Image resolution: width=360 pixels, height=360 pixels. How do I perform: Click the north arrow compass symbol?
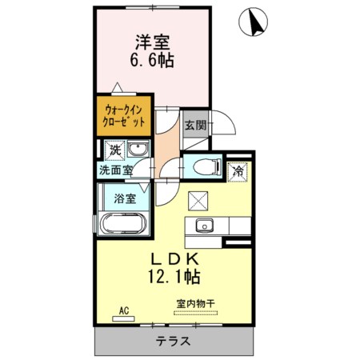click(x=253, y=22)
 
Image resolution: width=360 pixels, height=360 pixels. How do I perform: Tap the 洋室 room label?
click(x=153, y=42)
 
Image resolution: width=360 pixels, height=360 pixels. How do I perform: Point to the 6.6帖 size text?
click(x=152, y=60)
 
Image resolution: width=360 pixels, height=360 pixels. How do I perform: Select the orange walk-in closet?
click(x=124, y=116)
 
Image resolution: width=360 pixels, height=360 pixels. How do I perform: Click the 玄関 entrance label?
click(x=196, y=125)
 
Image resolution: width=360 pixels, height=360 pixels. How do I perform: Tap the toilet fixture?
click(x=207, y=167)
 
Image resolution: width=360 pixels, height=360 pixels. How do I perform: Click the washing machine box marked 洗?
click(x=114, y=150)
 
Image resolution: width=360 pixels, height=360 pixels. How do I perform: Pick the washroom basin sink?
click(x=138, y=149)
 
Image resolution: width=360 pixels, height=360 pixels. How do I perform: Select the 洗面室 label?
click(x=116, y=170)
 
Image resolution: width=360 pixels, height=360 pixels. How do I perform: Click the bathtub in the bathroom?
click(x=123, y=223)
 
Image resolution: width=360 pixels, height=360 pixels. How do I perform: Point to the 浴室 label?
click(x=125, y=198)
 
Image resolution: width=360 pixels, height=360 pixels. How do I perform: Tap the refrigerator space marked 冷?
click(x=238, y=172)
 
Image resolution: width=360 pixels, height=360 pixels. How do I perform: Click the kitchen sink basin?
click(x=205, y=226)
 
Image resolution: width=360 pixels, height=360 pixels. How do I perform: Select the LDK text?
click(x=175, y=258)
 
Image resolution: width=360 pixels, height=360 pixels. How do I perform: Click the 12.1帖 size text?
click(x=174, y=276)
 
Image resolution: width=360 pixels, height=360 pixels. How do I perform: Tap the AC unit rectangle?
click(x=123, y=318)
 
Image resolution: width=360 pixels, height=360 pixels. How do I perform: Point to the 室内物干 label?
click(x=195, y=304)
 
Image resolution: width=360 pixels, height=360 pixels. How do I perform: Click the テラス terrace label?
click(x=173, y=341)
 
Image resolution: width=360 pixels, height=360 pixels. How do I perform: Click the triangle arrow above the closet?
click(x=117, y=88)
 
